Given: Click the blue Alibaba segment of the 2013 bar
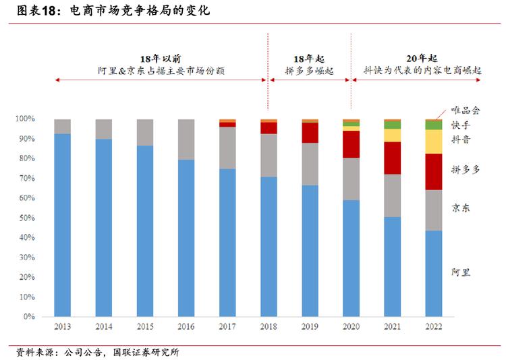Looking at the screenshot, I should [62, 224].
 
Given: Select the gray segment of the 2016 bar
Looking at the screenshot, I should [186, 140].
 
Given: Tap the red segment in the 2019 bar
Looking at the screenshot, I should [310, 132].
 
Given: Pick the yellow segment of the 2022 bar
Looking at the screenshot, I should [434, 142].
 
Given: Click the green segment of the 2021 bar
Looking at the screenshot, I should [393, 125].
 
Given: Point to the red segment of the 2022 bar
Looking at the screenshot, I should [434, 171].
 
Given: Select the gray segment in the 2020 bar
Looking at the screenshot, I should [351, 179].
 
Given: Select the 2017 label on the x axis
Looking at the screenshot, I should [227, 326].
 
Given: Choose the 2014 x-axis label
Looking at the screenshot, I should [103, 326].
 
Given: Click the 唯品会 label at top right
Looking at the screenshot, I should [465, 111].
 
